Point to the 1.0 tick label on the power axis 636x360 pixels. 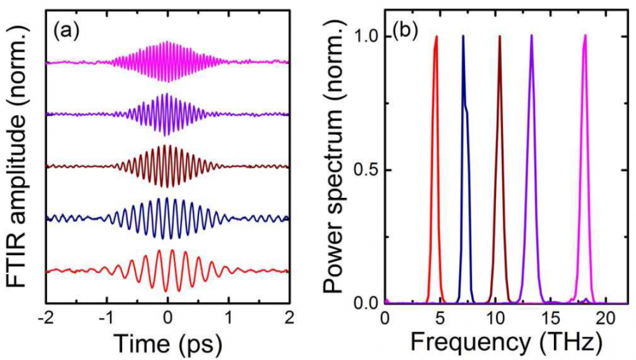click(x=364, y=36)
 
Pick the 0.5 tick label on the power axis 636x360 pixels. click(x=364, y=170)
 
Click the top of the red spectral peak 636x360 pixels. click(x=436, y=37)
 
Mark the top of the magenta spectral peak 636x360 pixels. click(x=584, y=36)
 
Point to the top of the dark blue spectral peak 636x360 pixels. click(x=463, y=36)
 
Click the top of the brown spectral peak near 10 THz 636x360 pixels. click(x=500, y=36)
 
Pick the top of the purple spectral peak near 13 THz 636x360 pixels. click(x=531, y=36)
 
